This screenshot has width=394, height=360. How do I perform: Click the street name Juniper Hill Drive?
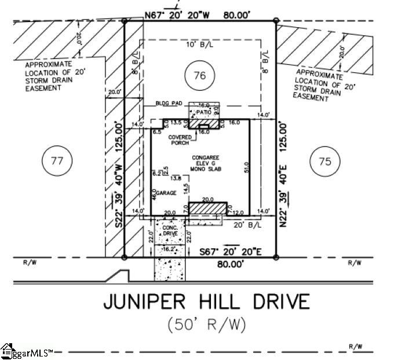click(x=206, y=302)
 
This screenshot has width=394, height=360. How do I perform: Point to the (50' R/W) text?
click(x=206, y=325)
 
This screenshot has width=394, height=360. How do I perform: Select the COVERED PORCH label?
click(x=180, y=140)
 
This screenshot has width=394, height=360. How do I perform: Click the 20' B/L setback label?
click(x=243, y=225)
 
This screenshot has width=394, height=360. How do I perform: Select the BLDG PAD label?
click(x=169, y=103)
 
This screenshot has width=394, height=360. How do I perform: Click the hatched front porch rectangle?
click(x=208, y=207)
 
